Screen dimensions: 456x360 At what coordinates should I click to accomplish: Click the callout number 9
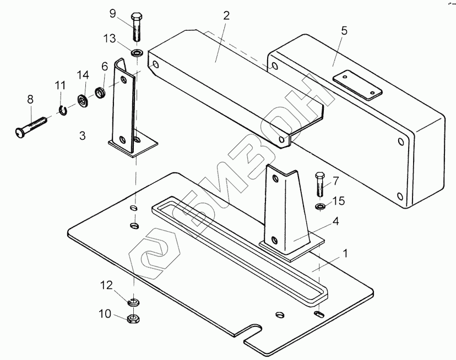pyautogui.click(x=113, y=14)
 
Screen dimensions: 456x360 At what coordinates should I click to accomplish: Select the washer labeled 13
pyautogui.click(x=137, y=53)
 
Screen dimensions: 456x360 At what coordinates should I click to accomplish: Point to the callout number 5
pyautogui.click(x=344, y=31)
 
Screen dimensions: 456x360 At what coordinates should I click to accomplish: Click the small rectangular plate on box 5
pyautogui.click(x=357, y=84)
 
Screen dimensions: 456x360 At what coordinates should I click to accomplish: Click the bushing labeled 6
pyautogui.click(x=101, y=92)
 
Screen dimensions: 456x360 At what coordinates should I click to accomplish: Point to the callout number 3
pyautogui.click(x=82, y=135)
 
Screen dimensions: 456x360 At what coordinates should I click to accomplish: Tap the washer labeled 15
pyautogui.click(x=320, y=206)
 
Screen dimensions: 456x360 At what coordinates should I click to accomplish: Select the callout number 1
pyautogui.click(x=345, y=254)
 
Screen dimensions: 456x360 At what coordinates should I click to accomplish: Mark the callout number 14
pyautogui.click(x=83, y=75)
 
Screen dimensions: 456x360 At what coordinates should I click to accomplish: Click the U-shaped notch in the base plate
pyautogui.click(x=253, y=332)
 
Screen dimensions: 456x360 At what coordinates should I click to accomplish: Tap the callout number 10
pyautogui.click(x=105, y=314)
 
